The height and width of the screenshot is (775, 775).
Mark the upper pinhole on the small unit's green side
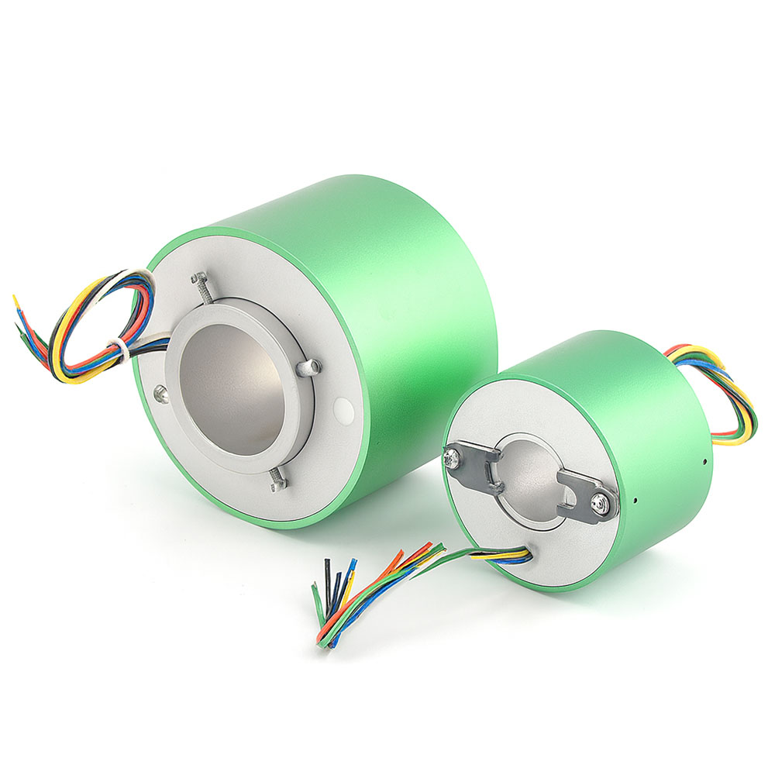(704, 461)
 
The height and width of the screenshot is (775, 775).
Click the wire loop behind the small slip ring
(728, 395)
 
